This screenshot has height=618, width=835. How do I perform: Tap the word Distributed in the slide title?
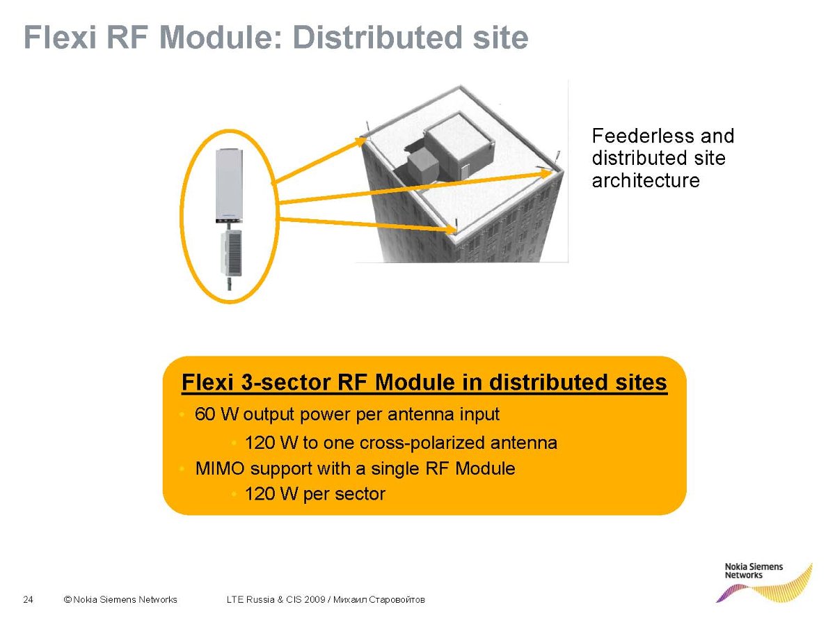pos(377,38)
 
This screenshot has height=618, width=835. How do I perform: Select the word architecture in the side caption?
pos(646,181)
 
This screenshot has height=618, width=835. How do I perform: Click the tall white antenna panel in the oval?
pos(228,186)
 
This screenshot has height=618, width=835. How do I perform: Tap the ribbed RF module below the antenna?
pos(231,253)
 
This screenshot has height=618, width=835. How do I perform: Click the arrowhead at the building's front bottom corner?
pos(450,229)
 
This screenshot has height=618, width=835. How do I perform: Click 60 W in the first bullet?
pos(216,414)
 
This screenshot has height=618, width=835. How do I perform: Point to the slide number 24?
pos(29,599)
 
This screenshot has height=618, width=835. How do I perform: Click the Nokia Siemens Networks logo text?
pos(754,571)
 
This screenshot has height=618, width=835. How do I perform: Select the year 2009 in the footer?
pos(315,599)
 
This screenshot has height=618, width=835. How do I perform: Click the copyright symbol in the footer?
pos(67,599)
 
